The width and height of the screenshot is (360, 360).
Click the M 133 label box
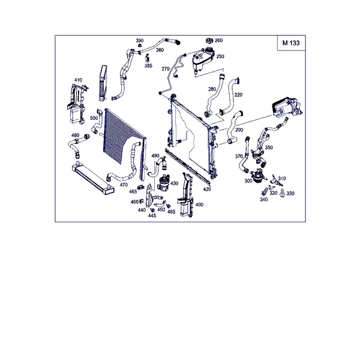tap(291, 43)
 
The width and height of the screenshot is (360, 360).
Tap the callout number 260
tap(218, 40)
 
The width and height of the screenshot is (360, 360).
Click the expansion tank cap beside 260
tap(209, 41)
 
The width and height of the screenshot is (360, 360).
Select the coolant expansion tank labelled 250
tap(203, 59)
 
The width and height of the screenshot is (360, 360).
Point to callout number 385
tap(148, 65)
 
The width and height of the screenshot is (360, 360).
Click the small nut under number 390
tap(139, 46)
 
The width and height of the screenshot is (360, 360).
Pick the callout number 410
tap(78, 80)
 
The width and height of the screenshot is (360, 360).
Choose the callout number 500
tap(94, 118)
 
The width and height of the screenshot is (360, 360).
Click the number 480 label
tap(76, 135)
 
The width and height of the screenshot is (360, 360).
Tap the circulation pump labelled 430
tap(163, 182)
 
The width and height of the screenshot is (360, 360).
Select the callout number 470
tap(124, 185)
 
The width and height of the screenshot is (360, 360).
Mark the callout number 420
tap(207, 189)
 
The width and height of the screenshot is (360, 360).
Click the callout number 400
tap(199, 205)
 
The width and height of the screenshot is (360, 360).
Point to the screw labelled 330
tap(283, 193)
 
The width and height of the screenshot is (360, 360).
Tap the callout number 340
tap(264, 200)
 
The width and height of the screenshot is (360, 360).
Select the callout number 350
tap(269, 148)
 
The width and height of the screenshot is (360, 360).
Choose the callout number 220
tap(239, 95)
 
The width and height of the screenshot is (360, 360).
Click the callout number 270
tap(166, 68)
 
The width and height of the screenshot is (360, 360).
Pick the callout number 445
tap(152, 215)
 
